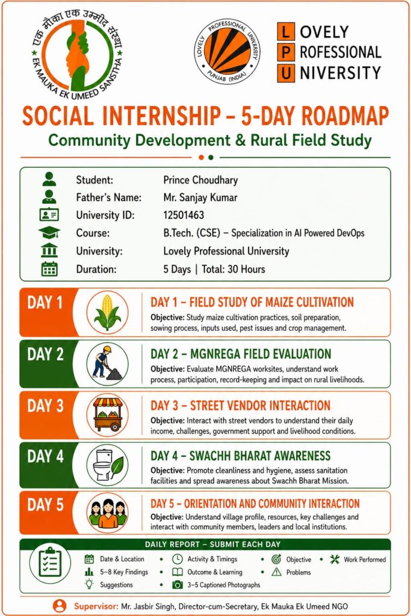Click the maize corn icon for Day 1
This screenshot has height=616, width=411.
click(x=107, y=313)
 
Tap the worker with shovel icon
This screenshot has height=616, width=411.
click(x=107, y=363)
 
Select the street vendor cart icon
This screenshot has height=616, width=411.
click(x=107, y=414)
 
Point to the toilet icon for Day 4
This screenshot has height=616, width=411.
click(x=107, y=465)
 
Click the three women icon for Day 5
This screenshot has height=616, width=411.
click(x=107, y=513)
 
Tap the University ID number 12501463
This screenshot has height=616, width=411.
click(x=184, y=215)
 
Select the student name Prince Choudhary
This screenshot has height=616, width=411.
click(x=200, y=180)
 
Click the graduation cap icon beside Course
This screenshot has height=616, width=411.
click(x=49, y=233)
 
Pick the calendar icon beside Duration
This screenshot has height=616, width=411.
click(x=49, y=269)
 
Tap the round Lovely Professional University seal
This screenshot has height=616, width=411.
click(x=227, y=51)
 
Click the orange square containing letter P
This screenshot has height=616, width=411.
click(x=286, y=52)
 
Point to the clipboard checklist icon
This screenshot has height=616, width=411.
click(x=50, y=562)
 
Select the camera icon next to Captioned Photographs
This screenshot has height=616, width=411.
click(x=178, y=585)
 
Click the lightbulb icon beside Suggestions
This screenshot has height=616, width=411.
click(x=90, y=584)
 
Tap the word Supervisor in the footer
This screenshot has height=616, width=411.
click(x=96, y=606)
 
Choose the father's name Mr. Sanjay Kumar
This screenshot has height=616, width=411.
click(x=200, y=197)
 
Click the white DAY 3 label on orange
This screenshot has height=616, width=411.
click(x=45, y=405)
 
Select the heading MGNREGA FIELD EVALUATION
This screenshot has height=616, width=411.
click(x=261, y=354)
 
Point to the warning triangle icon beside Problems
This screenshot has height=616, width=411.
click(x=277, y=572)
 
